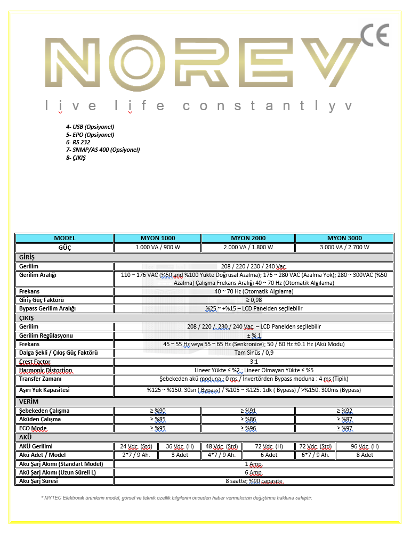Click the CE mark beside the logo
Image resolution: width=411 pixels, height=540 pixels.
point(374,36)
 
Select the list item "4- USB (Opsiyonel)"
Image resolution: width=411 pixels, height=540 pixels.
point(90,127)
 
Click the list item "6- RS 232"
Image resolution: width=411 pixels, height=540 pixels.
point(78,142)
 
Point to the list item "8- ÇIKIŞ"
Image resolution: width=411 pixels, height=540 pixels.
point(76,158)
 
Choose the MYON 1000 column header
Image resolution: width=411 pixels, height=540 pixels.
point(158,238)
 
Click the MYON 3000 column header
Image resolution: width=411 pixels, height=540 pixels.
point(344,238)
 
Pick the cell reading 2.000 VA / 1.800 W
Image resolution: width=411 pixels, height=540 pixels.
point(248,247)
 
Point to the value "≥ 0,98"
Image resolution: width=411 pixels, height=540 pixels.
point(254,300)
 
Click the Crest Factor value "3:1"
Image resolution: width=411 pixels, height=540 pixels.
point(254,362)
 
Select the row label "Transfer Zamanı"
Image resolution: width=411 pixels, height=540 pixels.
point(41,379)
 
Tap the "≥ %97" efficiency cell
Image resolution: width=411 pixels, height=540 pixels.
point(344,428)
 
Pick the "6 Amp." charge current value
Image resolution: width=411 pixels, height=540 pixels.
point(254,472)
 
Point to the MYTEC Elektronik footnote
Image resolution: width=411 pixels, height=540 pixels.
point(176,498)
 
